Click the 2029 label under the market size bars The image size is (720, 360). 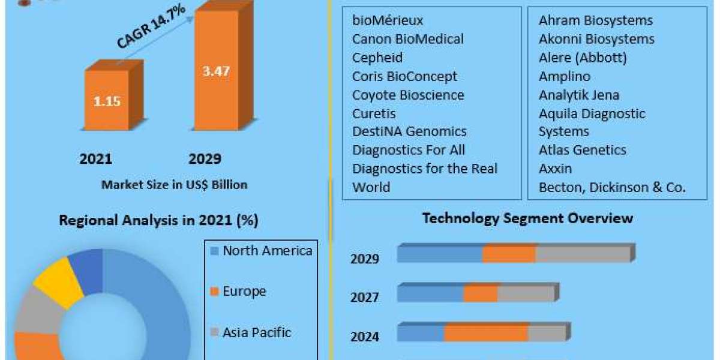[x=205, y=159]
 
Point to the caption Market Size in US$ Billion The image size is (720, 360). [x=174, y=185]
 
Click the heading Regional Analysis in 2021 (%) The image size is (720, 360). [x=158, y=221]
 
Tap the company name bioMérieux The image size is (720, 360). [x=388, y=20]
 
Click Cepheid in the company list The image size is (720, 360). [x=377, y=58]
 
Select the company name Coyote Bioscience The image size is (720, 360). [x=408, y=95]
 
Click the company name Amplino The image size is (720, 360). [x=564, y=76]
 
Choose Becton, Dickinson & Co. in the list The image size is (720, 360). [x=611, y=187]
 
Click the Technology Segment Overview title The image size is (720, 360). [x=527, y=218]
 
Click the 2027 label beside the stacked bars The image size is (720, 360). [x=365, y=298]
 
